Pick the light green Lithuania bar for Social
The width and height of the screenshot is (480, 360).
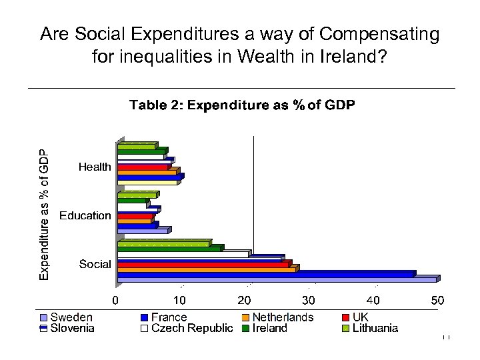163,244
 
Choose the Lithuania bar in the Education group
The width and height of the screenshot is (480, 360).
136,196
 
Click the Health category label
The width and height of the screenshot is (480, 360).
95,167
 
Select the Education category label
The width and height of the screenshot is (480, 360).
85,215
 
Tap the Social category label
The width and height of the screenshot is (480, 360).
95,264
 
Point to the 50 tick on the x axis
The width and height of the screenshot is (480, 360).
437,301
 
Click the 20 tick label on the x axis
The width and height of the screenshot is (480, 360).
245,301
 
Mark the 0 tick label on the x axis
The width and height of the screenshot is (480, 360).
115,301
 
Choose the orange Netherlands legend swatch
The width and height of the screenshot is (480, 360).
245,318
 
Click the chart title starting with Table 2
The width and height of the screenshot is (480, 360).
242,105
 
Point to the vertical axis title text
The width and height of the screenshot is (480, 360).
43,213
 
